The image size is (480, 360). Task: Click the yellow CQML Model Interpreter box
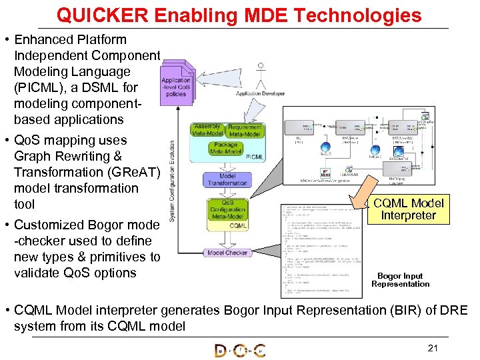point(407,209)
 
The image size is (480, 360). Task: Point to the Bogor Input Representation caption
point(400,280)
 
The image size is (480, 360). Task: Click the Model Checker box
point(227,253)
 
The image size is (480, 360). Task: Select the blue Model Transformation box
point(227,179)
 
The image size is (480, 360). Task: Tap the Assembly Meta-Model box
point(208,130)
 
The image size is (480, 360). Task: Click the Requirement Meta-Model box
point(245,130)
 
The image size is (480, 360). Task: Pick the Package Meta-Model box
point(227,148)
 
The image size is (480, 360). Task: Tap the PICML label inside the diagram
point(253,157)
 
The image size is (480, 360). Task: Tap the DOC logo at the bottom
point(239,351)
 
